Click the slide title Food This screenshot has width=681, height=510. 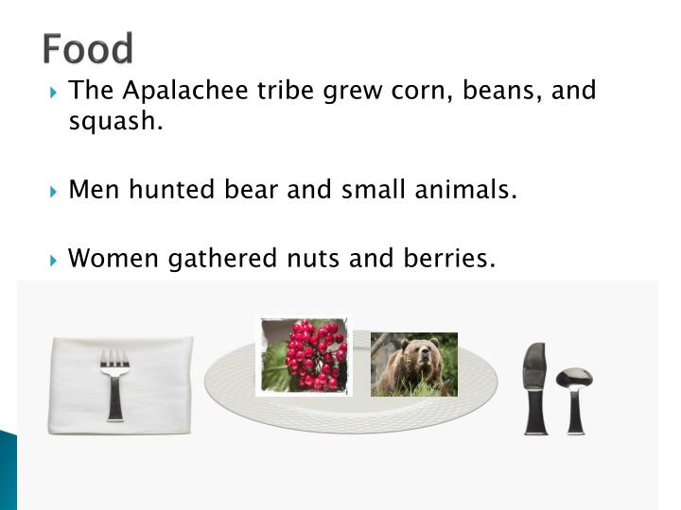click(x=88, y=47)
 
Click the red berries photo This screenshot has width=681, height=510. click(x=304, y=355)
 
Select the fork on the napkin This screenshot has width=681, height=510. click(x=115, y=382)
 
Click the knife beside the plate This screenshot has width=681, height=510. click(x=534, y=387)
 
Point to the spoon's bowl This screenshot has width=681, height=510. click(x=574, y=378)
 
